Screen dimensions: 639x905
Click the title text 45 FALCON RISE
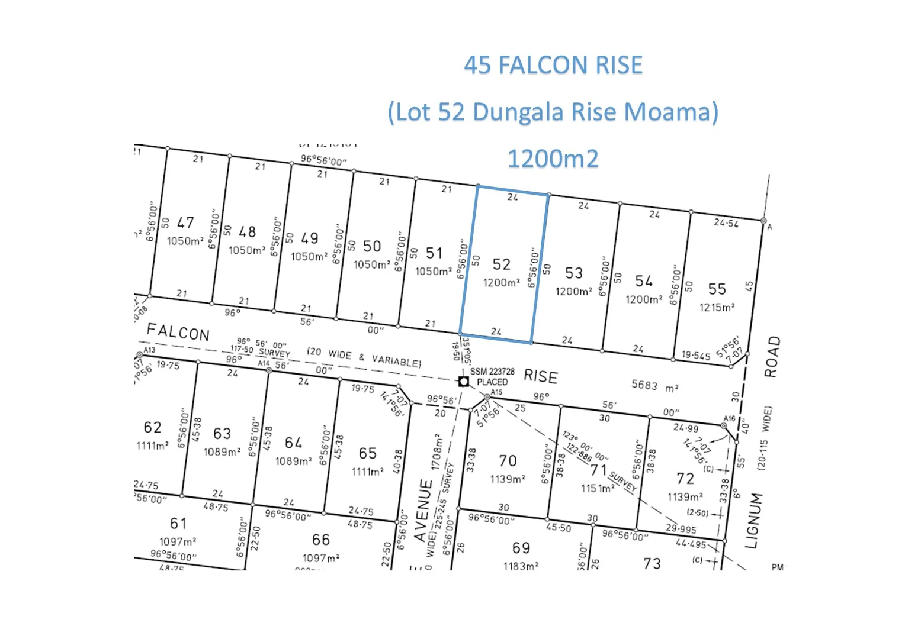click(x=553, y=65)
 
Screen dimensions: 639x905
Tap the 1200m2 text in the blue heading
click(x=553, y=159)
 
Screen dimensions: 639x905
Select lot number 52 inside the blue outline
click(x=501, y=264)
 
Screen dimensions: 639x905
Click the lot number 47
click(x=185, y=222)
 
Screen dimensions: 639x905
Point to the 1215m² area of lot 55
click(x=717, y=307)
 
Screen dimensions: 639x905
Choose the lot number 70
click(x=508, y=461)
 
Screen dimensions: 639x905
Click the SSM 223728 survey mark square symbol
click(x=464, y=382)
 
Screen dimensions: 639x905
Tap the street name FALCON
click(x=178, y=332)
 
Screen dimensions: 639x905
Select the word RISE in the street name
click(x=540, y=377)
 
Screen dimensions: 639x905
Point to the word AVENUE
click(x=424, y=510)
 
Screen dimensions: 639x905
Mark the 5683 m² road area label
click(x=654, y=386)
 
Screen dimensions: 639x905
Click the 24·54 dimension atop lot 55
click(x=726, y=222)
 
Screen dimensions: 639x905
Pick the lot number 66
click(x=321, y=540)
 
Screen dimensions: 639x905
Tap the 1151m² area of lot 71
click(x=597, y=489)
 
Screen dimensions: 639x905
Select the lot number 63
click(x=222, y=434)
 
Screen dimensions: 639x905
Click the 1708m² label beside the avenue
click(x=437, y=452)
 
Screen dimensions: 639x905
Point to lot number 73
click(x=652, y=563)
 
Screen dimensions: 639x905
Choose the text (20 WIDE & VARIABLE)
click(x=364, y=357)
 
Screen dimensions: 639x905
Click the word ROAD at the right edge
click(x=771, y=357)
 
